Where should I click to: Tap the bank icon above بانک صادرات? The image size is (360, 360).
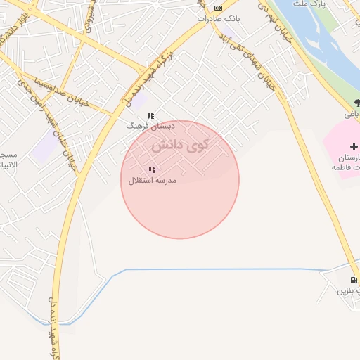[219, 8]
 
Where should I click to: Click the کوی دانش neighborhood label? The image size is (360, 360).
[181, 146]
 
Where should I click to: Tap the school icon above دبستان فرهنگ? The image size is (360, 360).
[150, 115]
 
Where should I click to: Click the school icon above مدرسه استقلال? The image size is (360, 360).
[152, 169]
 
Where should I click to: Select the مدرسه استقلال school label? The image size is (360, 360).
[152, 181]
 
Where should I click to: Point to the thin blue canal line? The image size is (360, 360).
[211, 269]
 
